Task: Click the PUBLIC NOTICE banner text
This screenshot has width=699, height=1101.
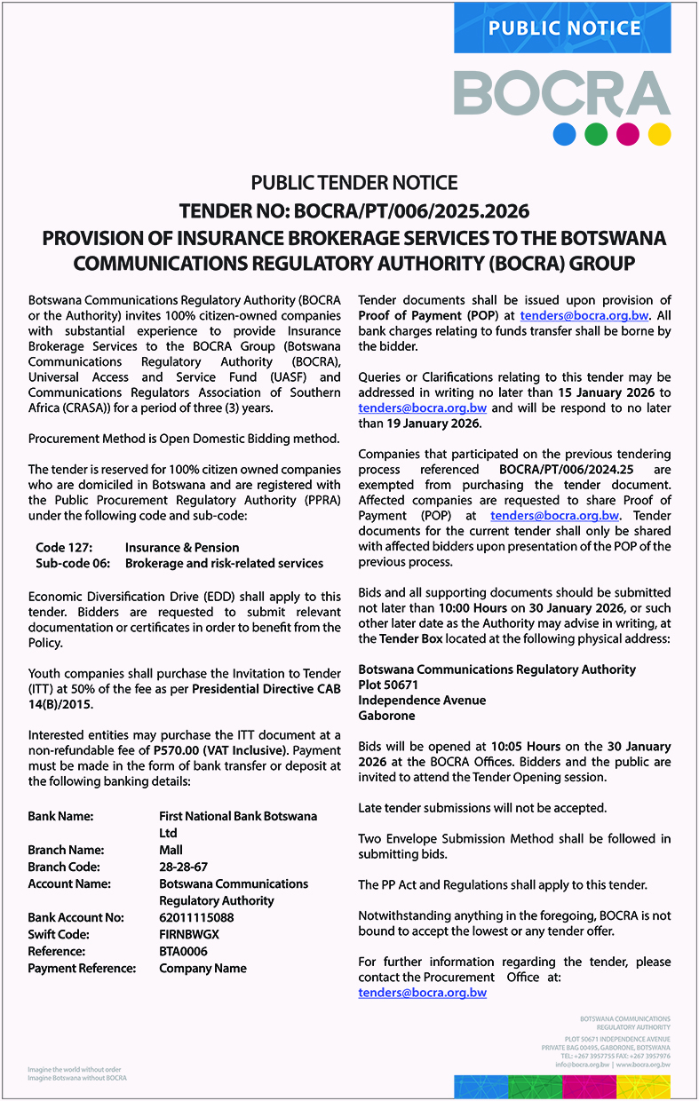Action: coord(564,28)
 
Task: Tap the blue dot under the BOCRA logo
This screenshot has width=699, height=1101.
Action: coord(566,134)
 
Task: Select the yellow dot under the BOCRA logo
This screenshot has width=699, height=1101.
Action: coord(659,134)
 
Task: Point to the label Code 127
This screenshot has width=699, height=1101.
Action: coord(63,547)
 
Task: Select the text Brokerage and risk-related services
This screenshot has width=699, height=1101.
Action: coord(224,563)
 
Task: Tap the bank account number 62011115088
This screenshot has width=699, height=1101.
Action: coord(196,917)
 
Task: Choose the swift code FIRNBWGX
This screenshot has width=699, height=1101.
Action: coord(188,934)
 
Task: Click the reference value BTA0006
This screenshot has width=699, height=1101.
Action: coord(183,951)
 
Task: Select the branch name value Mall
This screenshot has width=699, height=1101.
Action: coord(171,850)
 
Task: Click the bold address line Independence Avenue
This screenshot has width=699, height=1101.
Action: coord(422,701)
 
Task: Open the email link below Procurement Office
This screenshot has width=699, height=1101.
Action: coord(422,993)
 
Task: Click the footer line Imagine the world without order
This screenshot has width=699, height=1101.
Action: coord(75,1069)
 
